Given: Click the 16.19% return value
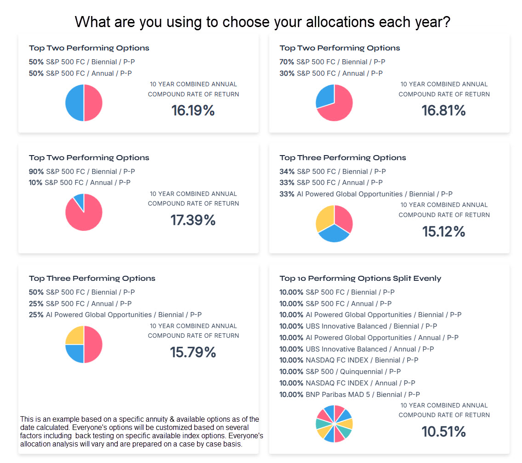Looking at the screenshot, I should click(x=193, y=111).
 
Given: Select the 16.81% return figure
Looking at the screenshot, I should click(x=443, y=111).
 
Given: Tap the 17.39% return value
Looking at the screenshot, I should click(x=193, y=220).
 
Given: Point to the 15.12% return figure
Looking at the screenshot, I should click(x=443, y=231).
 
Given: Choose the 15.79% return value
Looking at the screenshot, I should click(x=193, y=352).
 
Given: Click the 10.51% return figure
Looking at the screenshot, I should click(x=443, y=432).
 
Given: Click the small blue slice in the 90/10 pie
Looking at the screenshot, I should click(x=79, y=200).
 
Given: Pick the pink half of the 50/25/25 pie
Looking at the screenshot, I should click(x=94, y=344).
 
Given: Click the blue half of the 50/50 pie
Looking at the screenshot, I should click(x=74, y=103).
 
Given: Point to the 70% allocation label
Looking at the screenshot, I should click(x=287, y=62).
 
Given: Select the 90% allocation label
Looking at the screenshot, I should click(x=36, y=172).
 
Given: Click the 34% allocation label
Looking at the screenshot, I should click(x=287, y=172).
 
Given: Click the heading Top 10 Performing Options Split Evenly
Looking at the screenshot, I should click(x=360, y=278).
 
